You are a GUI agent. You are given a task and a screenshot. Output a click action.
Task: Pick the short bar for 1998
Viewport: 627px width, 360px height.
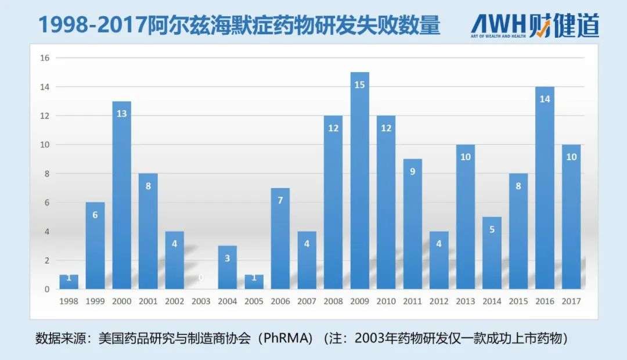pos(69,282)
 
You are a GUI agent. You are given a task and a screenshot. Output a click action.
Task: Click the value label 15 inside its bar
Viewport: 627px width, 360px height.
pos(359,85)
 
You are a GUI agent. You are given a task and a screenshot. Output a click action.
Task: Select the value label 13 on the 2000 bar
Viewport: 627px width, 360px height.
pos(121,114)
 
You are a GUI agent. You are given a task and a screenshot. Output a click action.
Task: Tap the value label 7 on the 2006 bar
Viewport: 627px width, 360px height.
pos(280,200)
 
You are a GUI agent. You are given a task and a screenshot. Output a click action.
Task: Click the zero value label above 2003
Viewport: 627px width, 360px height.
pos(201,278)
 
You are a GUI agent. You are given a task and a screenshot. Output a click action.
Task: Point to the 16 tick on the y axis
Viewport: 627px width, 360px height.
pos(45,58)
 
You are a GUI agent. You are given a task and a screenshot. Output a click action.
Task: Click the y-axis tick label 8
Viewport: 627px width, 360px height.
pos(46,174)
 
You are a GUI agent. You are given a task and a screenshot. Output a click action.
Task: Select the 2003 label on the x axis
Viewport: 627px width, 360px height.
pos(201,301)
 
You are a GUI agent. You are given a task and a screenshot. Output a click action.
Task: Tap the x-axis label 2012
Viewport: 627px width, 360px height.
pos(439,301)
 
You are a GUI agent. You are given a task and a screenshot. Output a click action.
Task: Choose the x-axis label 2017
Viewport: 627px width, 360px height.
pos(571,301)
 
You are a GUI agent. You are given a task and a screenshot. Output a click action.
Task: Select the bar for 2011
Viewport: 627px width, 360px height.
pos(412,224)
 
